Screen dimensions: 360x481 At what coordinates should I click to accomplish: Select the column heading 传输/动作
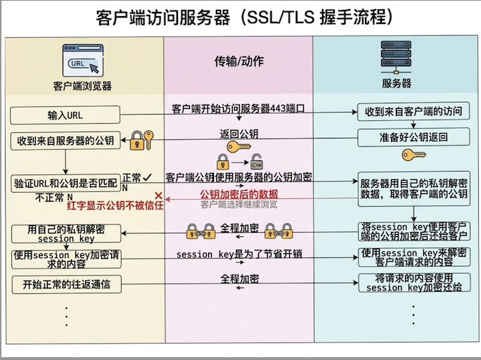click(x=239, y=61)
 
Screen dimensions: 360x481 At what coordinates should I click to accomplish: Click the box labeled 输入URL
click(x=65, y=115)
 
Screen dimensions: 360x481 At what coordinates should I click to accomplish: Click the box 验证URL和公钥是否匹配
click(x=65, y=183)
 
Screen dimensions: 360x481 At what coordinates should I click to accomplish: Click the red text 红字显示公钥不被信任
click(x=115, y=205)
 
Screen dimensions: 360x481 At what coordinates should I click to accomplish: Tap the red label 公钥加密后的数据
click(x=239, y=194)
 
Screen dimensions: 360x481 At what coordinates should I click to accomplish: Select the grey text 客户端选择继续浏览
click(x=239, y=205)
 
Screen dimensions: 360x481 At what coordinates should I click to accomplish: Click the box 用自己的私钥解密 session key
click(x=65, y=233)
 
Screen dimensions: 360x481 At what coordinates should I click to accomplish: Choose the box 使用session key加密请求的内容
click(x=65, y=259)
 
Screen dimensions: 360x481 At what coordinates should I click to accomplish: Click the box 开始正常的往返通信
click(x=65, y=284)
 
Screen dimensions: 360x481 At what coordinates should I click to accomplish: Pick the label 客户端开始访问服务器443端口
click(x=239, y=109)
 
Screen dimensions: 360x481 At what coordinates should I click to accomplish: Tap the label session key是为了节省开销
click(x=239, y=254)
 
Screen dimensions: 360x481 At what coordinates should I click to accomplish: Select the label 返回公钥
click(x=239, y=134)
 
